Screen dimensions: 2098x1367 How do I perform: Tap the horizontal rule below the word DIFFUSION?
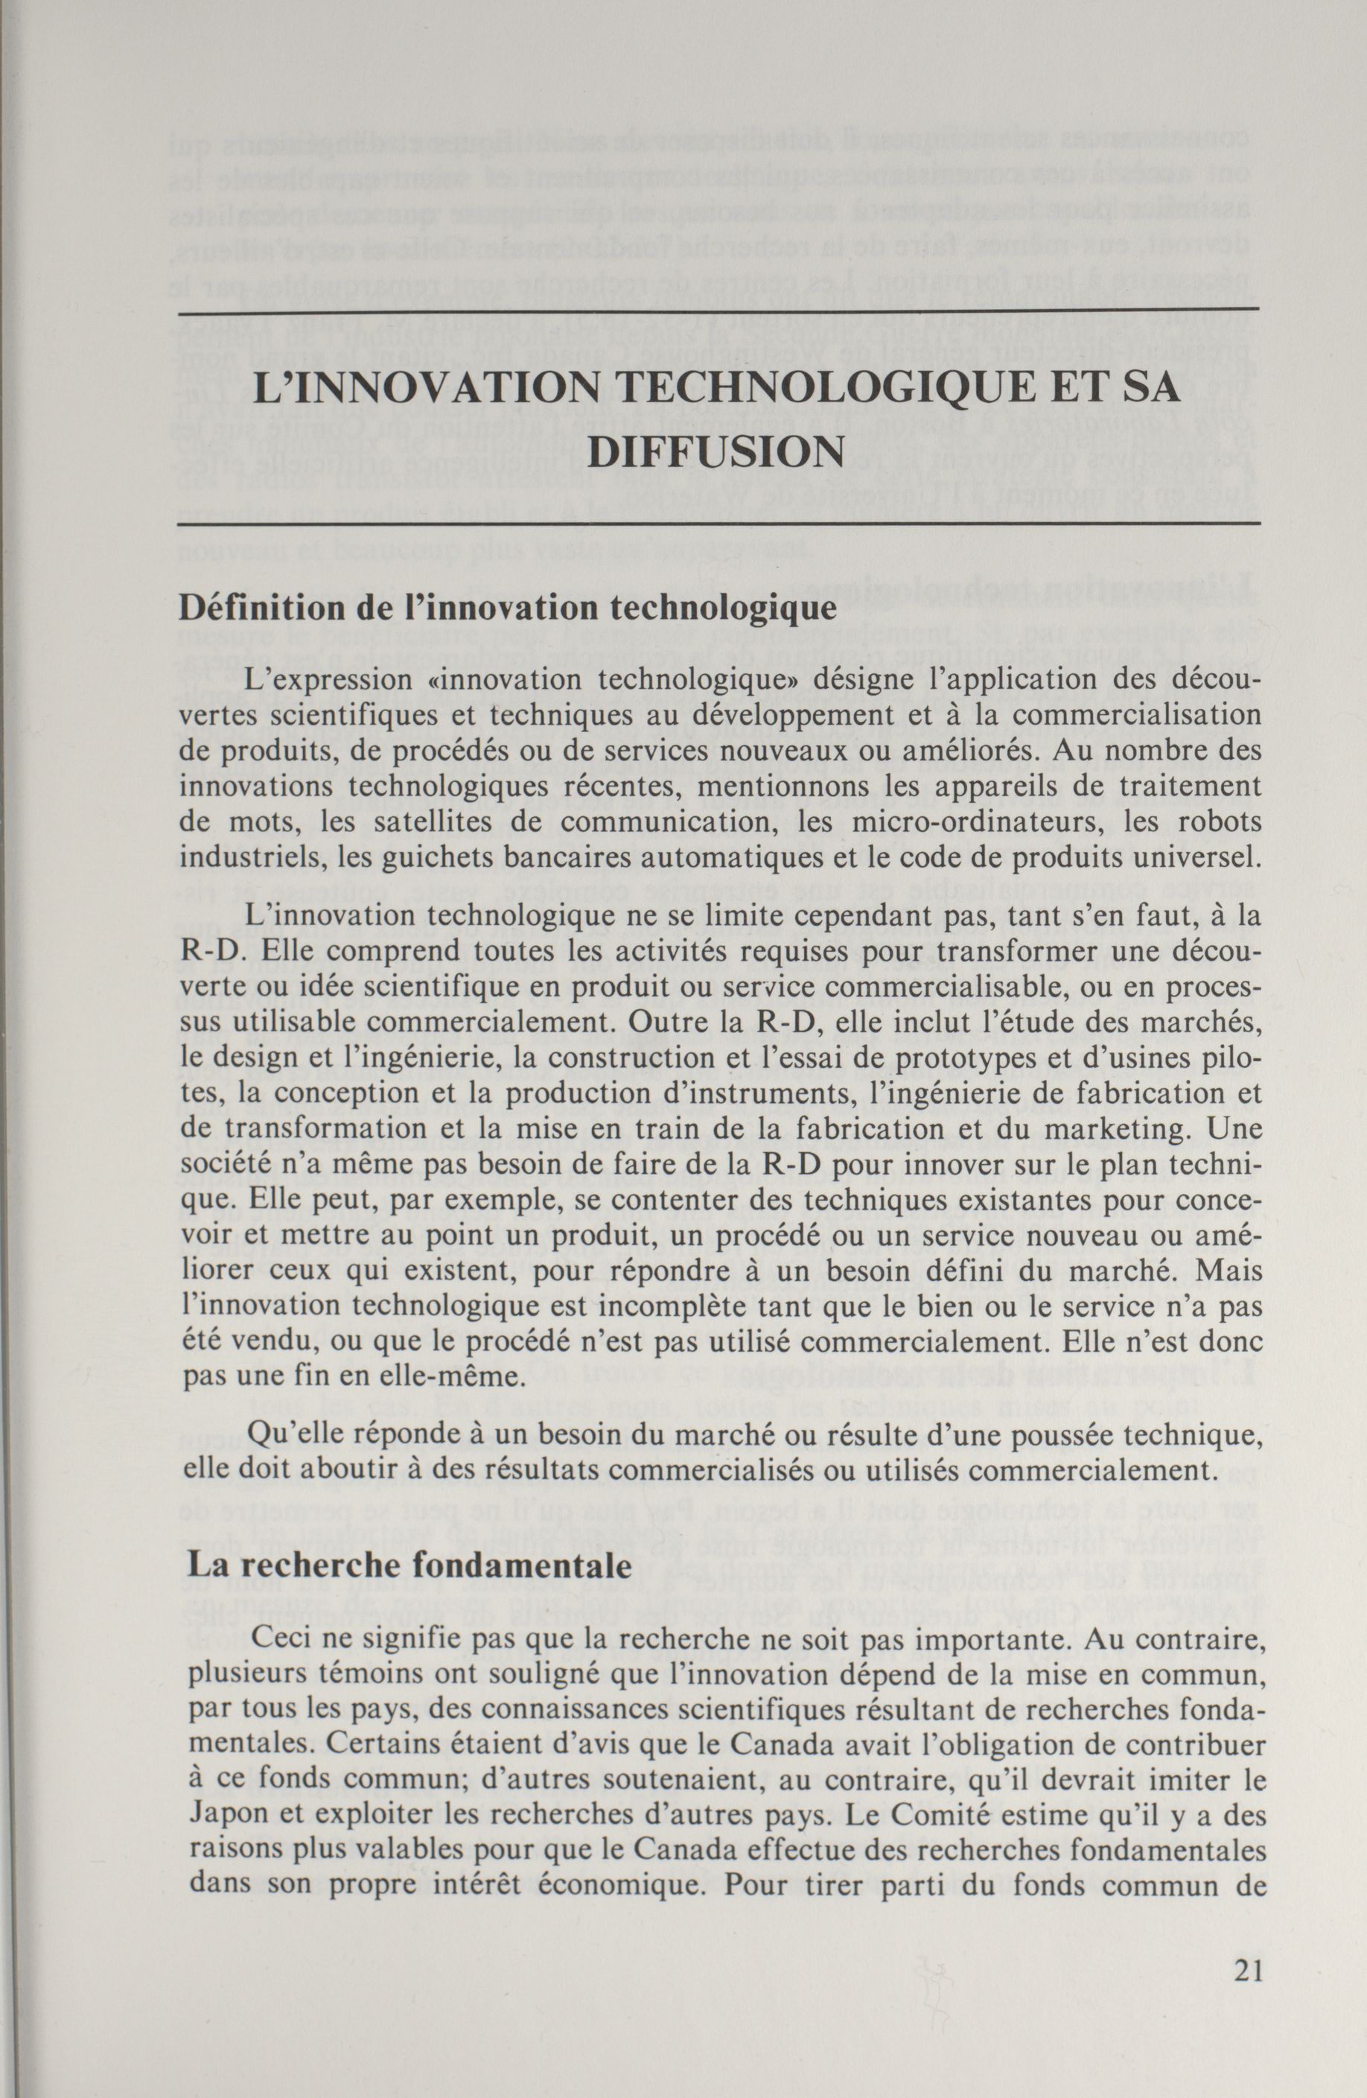tap(718, 524)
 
